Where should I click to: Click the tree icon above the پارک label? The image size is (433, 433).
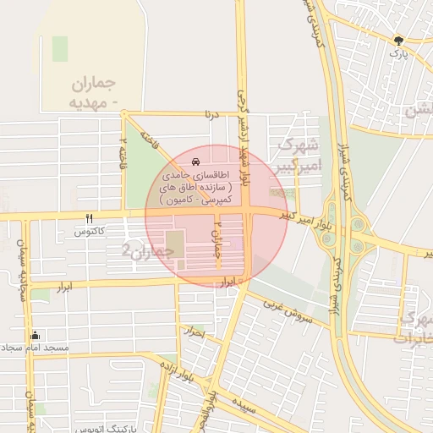pos(398,39)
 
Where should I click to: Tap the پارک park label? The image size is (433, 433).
pos(398,53)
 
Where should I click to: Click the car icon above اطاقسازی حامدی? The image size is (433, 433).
pos(196,160)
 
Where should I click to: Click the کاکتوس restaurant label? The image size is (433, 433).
pos(89,231)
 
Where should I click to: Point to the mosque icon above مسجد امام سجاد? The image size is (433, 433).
pos(35,334)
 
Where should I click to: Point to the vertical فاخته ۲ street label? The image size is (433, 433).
pos(124,150)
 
